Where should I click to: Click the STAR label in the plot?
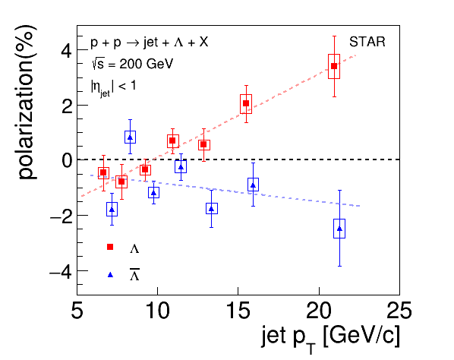pos(367,42)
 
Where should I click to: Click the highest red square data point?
pos(334,66)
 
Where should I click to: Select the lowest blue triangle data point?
pos(339,229)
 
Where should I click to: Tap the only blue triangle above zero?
pos(130,137)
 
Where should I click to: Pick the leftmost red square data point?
pos(103,172)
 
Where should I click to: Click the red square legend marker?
pos(110,247)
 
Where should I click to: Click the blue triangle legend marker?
pos(110,275)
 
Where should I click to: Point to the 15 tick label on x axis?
pos(238,311)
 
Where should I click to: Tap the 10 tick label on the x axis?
pos(157,311)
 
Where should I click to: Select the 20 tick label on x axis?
pos(319,311)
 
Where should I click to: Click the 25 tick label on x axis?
pos(399,311)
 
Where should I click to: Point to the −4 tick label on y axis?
pos(61,271)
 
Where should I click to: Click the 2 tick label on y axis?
pos(67,106)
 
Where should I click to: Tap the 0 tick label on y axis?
pos(67,160)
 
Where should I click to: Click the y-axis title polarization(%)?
pos(27,103)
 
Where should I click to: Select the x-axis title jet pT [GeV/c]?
pos(331,339)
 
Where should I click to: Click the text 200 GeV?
pos(147,64)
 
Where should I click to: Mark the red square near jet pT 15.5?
pos(246,103)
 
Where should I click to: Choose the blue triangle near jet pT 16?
pos(253,185)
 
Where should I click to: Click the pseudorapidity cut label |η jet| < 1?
pos(114,87)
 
